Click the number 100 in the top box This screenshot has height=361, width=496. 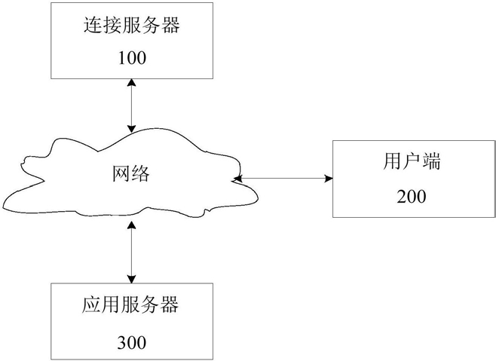[132, 58]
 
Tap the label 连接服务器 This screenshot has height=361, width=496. [132, 25]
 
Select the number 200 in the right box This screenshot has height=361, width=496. [412, 197]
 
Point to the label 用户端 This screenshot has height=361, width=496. [412, 161]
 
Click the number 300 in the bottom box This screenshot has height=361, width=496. [132, 342]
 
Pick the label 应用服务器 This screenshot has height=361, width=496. [130, 304]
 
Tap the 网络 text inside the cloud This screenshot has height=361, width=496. [131, 173]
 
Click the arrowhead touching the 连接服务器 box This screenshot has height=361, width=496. [131, 83]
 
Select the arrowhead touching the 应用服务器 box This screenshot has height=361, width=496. [131, 279]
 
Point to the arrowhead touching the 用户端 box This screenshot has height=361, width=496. [329, 179]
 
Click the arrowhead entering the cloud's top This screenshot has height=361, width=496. [131, 128]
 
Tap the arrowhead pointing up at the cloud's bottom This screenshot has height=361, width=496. [131, 225]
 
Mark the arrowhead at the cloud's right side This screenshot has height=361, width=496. [237, 179]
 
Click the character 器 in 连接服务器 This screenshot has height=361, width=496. [171, 25]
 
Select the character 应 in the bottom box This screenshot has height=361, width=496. [91, 304]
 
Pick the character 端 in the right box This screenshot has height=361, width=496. [431, 161]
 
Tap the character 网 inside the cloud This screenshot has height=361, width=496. [121, 173]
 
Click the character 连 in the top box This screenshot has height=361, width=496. [93, 25]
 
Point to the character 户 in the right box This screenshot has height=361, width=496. [412, 161]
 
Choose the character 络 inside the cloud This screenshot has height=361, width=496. [140, 173]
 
